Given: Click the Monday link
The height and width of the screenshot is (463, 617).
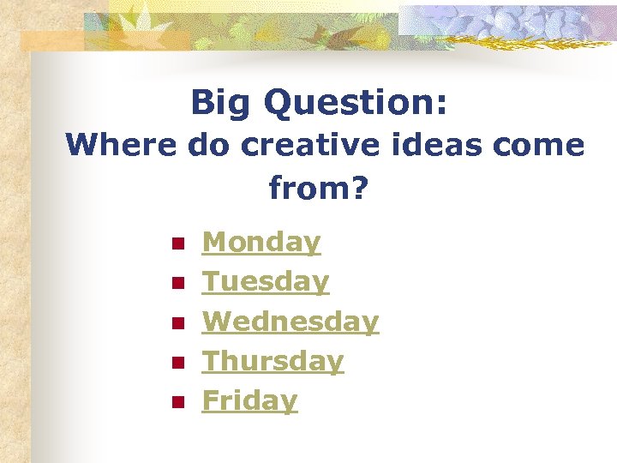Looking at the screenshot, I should (261, 243).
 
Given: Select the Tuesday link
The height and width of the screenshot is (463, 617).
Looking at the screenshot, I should (265, 282).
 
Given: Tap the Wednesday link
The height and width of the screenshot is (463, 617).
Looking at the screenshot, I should (290, 322).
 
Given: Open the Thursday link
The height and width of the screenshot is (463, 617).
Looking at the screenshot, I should (273, 361).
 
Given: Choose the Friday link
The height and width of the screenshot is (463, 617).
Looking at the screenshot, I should (249, 400).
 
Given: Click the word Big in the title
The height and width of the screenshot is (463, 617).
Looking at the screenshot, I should (222, 104).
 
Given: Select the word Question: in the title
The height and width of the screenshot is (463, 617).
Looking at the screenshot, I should (356, 104).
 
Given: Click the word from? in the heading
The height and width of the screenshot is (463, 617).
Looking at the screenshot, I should (318, 188).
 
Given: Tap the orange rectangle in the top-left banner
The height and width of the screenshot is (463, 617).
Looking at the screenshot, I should (51, 40).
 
